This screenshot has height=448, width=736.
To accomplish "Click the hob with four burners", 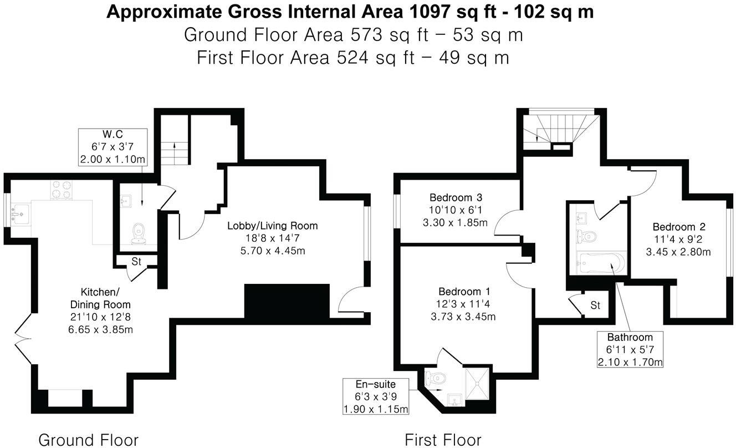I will click(62, 190).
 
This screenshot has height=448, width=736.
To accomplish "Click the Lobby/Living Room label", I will click(272, 226).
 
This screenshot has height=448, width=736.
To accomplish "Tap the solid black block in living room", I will click(287, 302).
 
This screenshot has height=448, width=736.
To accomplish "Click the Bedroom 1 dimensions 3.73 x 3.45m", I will click(463, 317).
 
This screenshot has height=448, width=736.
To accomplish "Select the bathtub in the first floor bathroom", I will click(601, 263).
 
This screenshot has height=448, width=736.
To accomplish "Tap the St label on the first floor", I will click(595, 306).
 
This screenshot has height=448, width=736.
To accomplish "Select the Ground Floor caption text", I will click(88, 440).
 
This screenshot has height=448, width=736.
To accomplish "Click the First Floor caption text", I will click(443, 440).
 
